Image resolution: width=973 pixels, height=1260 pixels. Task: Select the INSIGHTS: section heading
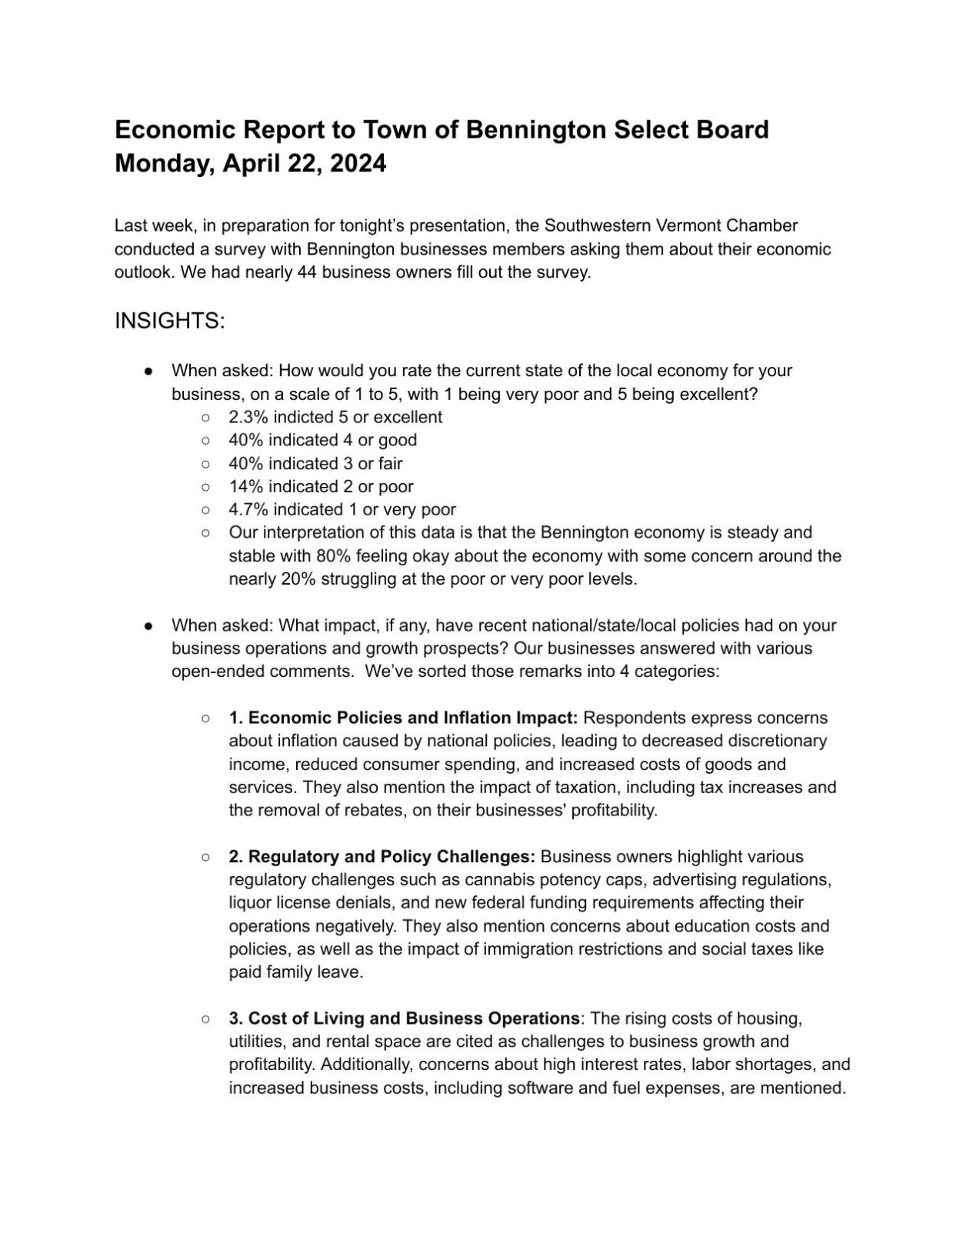tap(169, 321)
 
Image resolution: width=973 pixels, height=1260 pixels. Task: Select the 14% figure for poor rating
tap(245, 486)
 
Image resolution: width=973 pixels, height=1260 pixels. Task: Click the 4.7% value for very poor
tap(248, 509)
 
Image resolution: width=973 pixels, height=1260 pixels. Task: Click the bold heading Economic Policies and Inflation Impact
tap(412, 718)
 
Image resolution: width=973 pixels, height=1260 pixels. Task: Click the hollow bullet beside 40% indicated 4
tap(205, 441)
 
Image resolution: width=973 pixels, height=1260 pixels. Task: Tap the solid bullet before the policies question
tap(148, 625)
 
